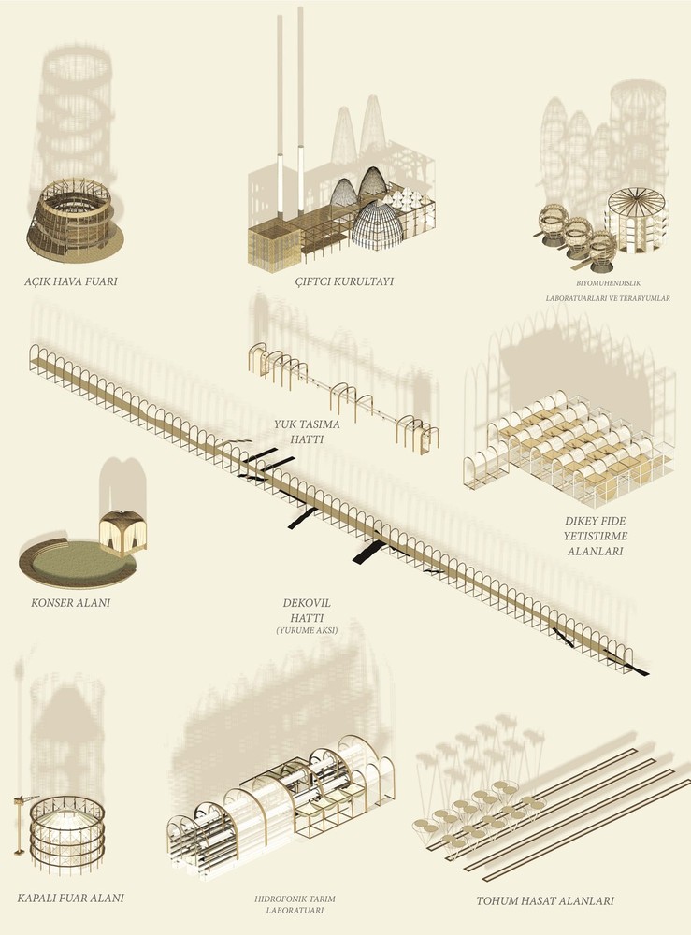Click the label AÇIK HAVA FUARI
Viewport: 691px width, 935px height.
71,280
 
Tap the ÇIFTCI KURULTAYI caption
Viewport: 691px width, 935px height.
345,281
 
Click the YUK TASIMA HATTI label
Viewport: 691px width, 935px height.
307,432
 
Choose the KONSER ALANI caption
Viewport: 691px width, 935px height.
70,603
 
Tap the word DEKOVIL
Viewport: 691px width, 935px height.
307,603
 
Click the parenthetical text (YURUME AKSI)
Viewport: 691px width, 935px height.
307,629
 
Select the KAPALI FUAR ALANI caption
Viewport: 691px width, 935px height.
70,898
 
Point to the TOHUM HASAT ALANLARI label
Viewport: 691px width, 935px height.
545,901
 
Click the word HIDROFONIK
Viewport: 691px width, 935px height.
278,899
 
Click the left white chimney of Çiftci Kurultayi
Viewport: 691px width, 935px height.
280,121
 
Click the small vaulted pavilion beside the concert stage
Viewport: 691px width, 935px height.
122,533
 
